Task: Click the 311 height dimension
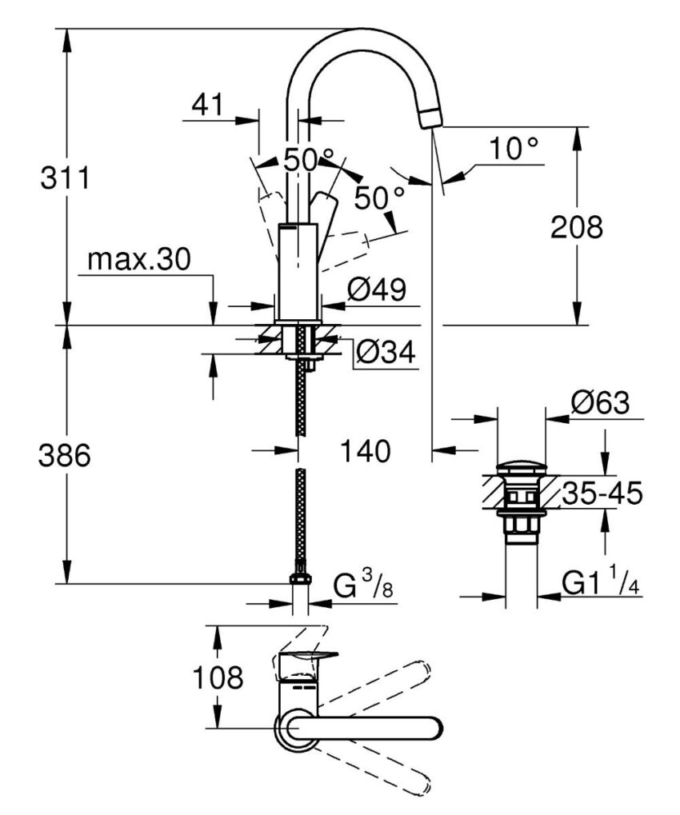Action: point(65,178)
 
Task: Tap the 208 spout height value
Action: point(576,228)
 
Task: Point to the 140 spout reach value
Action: point(364,452)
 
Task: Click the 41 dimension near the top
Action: point(208,104)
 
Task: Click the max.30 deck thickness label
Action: point(140,260)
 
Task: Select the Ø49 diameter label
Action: point(382,290)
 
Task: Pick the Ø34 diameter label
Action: point(386,352)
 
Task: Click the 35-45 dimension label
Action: point(601,494)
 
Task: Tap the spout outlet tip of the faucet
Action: point(430,119)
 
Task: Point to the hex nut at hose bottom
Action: point(301,580)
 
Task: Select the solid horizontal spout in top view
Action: point(368,728)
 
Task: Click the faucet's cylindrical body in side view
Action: point(298,272)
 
